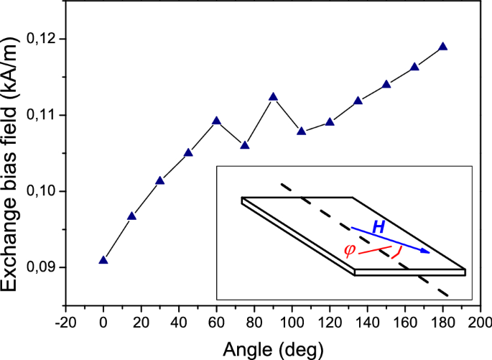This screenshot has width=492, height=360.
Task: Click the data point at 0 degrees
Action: click(x=103, y=260)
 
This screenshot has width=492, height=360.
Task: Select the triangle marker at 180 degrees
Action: click(x=442, y=47)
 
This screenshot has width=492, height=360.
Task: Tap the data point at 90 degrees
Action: click(x=273, y=97)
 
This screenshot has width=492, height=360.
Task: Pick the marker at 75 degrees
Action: click(x=245, y=145)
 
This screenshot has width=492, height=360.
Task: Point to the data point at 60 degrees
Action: click(x=216, y=121)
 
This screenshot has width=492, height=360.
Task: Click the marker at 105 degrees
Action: click(x=302, y=131)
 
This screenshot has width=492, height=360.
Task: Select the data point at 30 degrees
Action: click(x=160, y=180)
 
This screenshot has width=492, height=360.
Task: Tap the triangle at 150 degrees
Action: click(x=386, y=84)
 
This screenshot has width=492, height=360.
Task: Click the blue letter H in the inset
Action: click(x=378, y=227)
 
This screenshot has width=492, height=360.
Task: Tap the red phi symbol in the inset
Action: click(x=350, y=250)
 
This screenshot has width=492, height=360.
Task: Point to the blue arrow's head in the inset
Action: click(x=427, y=251)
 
